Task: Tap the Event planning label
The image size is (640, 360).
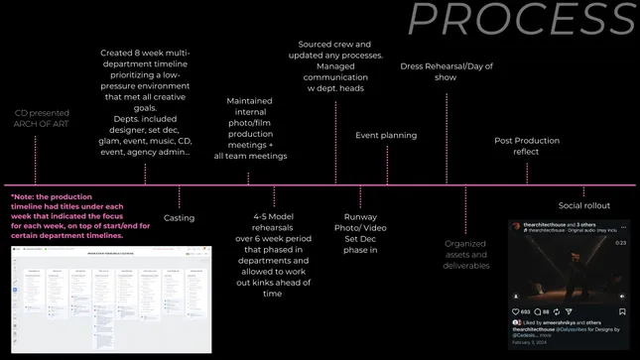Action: (x=386, y=135)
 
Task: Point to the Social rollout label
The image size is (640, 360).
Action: (x=583, y=205)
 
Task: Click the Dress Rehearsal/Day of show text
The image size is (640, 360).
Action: (x=446, y=73)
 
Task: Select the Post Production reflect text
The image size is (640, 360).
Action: (x=526, y=146)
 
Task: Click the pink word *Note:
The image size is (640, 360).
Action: (x=25, y=197)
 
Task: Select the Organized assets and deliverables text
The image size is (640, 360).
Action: (x=465, y=253)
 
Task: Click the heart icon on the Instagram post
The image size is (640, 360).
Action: (x=516, y=311)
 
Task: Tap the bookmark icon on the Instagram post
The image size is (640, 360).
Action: (x=622, y=311)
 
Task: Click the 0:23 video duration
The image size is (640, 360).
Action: (x=620, y=242)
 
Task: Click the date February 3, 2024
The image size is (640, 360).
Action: (x=529, y=342)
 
